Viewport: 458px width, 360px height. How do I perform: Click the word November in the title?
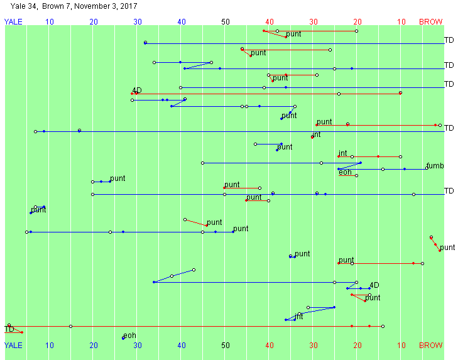pos(92,6)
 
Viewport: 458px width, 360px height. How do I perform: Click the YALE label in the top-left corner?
pos(13,22)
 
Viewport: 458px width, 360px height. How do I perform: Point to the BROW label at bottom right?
pos(430,345)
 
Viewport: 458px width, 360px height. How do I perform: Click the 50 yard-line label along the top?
pos(226,22)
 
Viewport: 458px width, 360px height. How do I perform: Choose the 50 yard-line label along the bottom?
pos(226,345)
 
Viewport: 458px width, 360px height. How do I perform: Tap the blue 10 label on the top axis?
pos(50,22)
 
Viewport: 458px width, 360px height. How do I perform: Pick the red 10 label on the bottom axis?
pos(401,345)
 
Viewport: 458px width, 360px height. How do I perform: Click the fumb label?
pos(435,166)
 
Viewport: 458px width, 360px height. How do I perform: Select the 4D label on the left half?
pos(137,90)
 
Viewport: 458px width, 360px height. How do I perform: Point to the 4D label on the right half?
pos(374,285)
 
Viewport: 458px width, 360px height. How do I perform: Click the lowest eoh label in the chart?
pos(129,335)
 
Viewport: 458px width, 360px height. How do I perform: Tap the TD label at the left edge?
pos(9,329)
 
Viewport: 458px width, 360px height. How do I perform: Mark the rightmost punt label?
pos(447,248)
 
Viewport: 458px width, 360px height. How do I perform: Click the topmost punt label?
pos(293,34)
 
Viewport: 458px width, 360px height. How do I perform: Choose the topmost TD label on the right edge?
pos(449,40)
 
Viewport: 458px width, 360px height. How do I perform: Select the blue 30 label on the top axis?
pos(138,22)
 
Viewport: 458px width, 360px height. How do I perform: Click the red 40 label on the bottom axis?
pos(270,345)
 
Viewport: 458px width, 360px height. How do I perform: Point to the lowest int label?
pos(299,316)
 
